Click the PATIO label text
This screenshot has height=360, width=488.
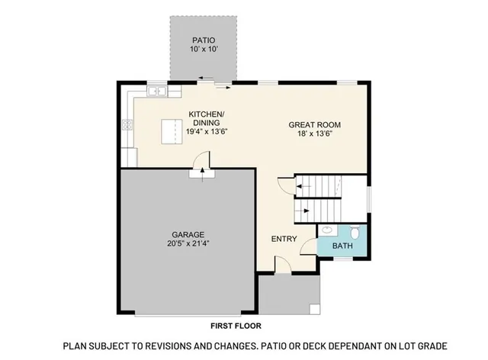(203, 40)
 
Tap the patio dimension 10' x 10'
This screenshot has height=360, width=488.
(203, 50)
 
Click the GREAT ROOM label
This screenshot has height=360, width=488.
(314, 124)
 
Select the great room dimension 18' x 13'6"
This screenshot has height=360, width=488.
(314, 134)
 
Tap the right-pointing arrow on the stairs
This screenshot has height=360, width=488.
(304, 206)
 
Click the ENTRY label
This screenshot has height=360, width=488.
(284, 239)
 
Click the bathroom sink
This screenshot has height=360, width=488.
(326, 230)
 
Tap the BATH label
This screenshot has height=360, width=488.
(342, 247)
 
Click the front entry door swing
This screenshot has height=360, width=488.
(281, 265)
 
